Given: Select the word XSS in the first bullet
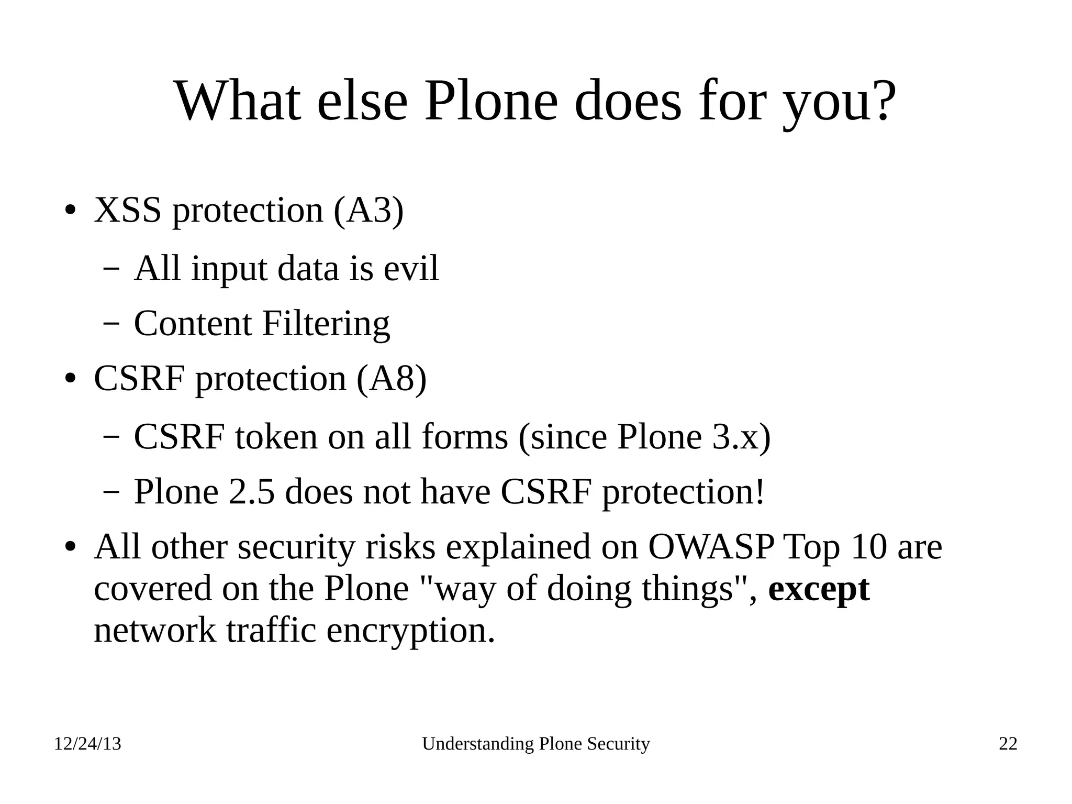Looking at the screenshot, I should pos(127,210).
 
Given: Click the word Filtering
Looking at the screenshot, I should pos(326,324).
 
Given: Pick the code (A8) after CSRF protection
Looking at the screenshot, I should pos(392,378).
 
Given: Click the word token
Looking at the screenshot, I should pos(276,436).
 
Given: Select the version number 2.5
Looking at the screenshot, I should pos(251,492).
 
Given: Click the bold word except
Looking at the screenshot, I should pos(819,589).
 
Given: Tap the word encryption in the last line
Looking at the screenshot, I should pos(410,630).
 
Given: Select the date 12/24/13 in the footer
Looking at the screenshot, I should pos(87,744).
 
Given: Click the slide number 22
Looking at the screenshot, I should pos(1008,744).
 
